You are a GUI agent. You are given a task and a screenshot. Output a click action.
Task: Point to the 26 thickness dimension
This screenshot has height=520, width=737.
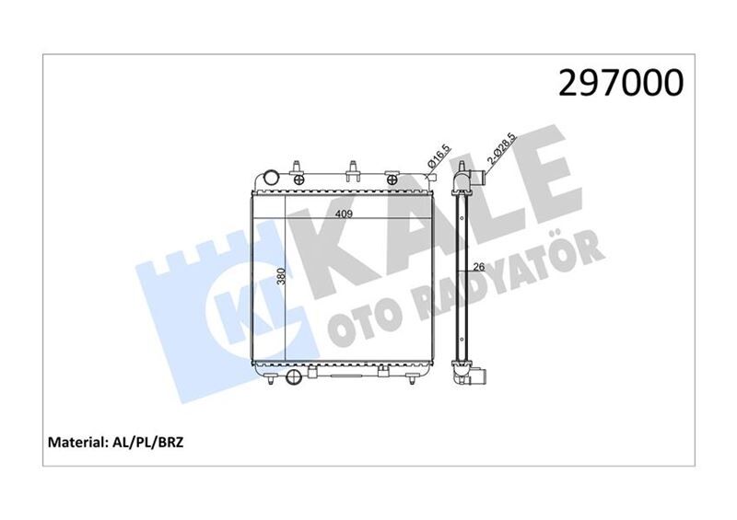coord(478,268)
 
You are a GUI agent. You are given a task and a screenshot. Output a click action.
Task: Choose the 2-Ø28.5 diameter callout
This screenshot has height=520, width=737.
coord(502,149)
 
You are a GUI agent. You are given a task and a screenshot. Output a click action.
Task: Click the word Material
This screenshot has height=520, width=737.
coord(76,444)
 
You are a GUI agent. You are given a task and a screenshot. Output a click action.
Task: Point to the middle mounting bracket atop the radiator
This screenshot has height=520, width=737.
coord(354,168)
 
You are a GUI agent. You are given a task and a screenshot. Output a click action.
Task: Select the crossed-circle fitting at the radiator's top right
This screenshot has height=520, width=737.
coord(430,165)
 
